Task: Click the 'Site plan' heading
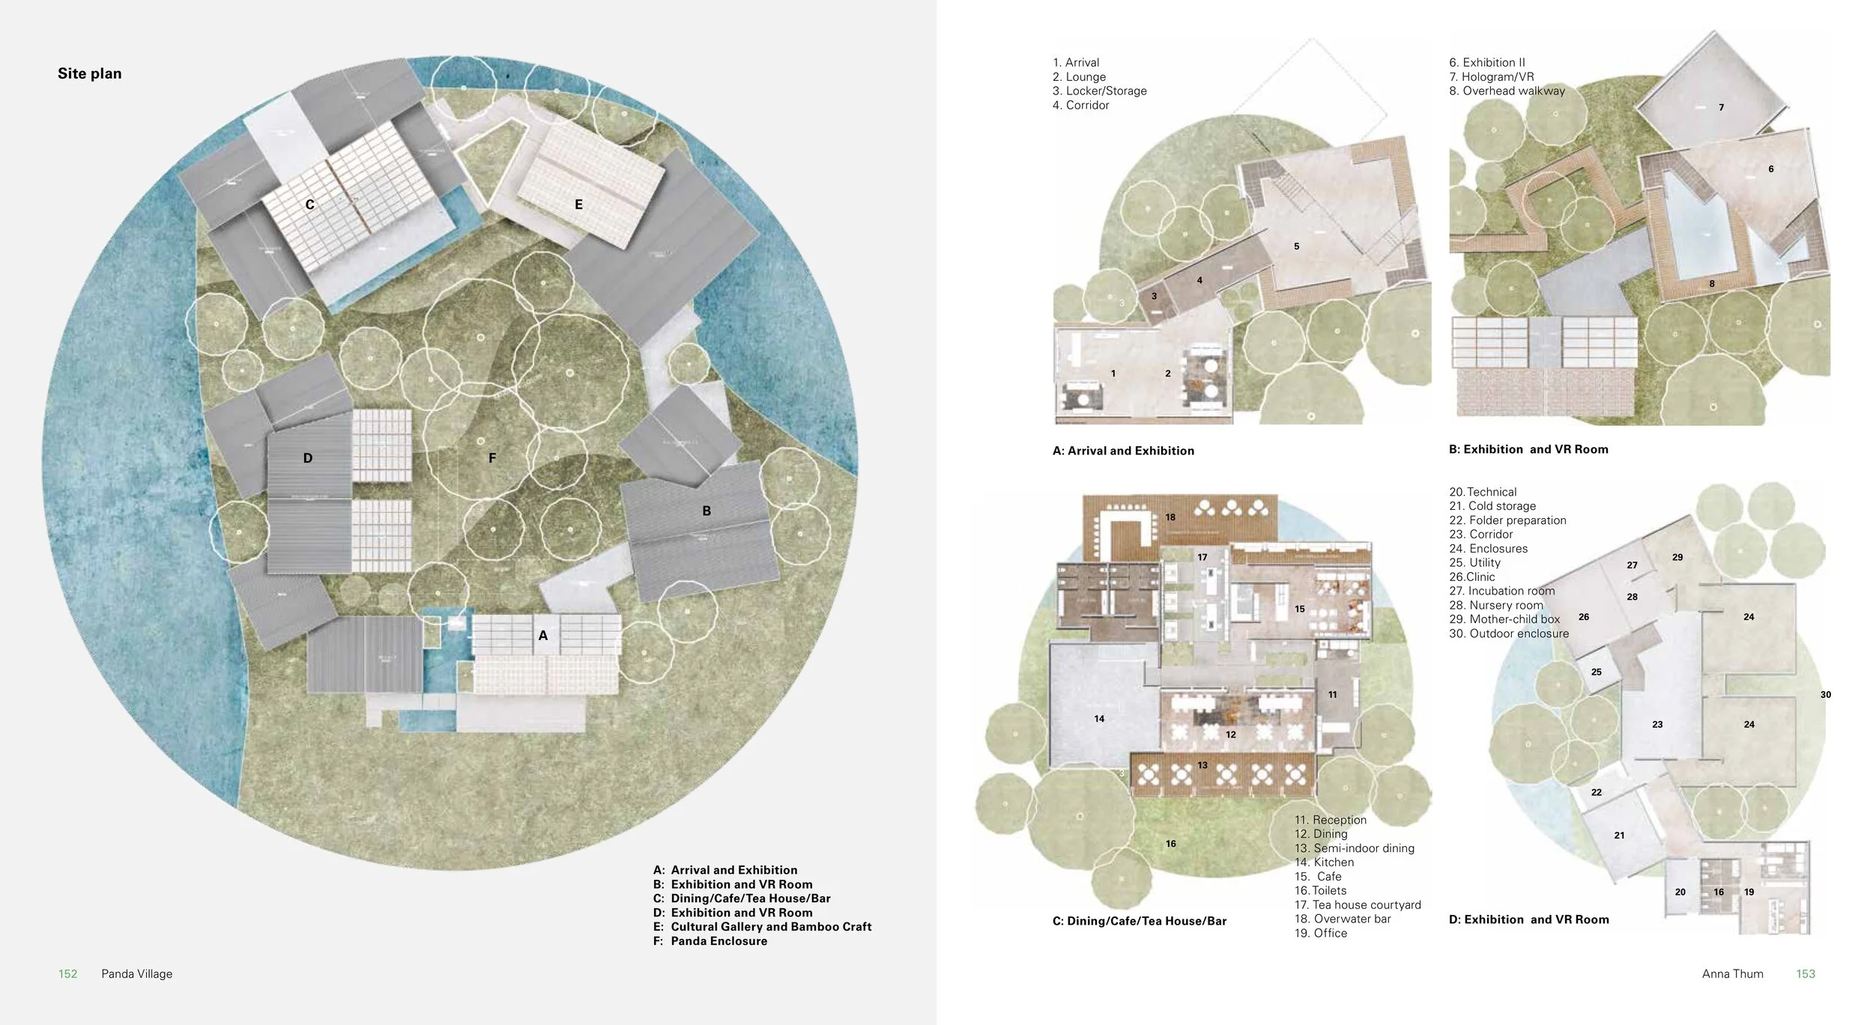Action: pyautogui.click(x=89, y=73)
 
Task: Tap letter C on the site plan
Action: pyautogui.click(x=309, y=204)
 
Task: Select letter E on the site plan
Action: pyautogui.click(x=578, y=204)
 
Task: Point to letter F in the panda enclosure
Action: pyautogui.click(x=492, y=457)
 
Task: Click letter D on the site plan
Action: pyautogui.click(x=307, y=457)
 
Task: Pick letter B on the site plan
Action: pyautogui.click(x=706, y=511)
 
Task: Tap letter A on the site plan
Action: pyautogui.click(x=542, y=635)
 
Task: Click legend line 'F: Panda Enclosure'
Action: pyautogui.click(x=709, y=941)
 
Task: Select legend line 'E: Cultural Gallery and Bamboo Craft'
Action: pyautogui.click(x=761, y=926)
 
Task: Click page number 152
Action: pyautogui.click(x=67, y=973)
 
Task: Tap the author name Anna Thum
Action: pyautogui.click(x=1732, y=973)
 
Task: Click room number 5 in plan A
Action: pyautogui.click(x=1296, y=246)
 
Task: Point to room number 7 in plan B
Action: pyautogui.click(x=1721, y=108)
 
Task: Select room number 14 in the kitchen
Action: pyautogui.click(x=1099, y=719)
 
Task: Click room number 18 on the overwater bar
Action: pyautogui.click(x=1170, y=517)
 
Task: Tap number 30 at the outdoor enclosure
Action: pyautogui.click(x=1825, y=695)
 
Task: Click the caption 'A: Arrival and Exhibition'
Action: pyautogui.click(x=1123, y=451)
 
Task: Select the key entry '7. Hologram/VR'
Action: pyautogui.click(x=1491, y=77)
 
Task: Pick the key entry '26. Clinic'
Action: pyautogui.click(x=1471, y=577)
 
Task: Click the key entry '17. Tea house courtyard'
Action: pyautogui.click(x=1357, y=904)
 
